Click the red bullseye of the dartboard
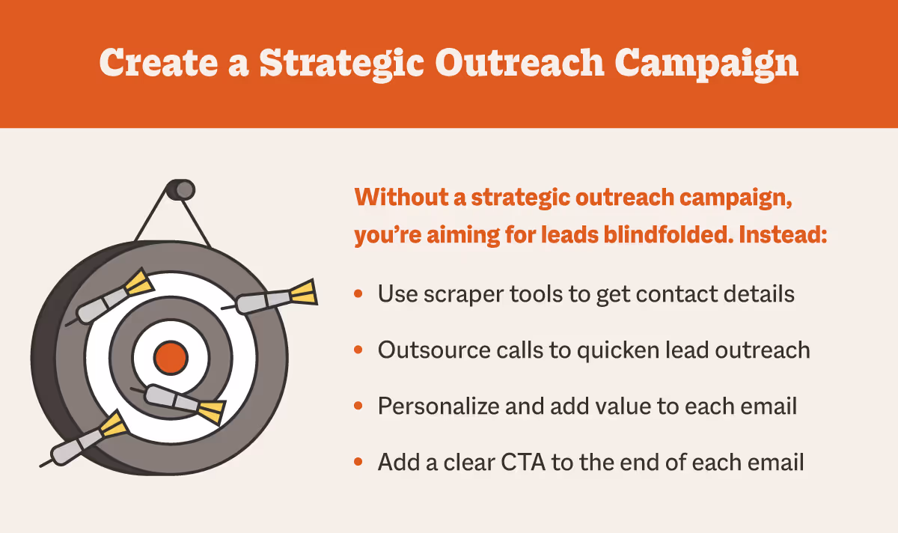(x=170, y=358)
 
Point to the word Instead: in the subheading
(x=783, y=234)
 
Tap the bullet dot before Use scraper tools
(x=359, y=294)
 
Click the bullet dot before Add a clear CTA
(x=359, y=462)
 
